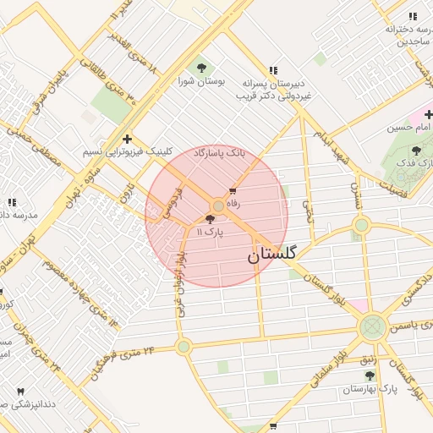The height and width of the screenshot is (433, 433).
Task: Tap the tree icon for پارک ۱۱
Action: pyautogui.click(x=210, y=218)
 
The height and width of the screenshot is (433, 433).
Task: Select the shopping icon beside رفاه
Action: pyautogui.click(x=233, y=191)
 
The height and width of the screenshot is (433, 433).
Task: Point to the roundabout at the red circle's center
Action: pyautogui.click(x=218, y=206)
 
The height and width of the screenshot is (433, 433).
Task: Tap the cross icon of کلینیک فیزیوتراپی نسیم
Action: pyautogui.click(x=127, y=139)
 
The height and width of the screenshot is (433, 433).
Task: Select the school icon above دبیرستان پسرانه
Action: pyautogui.click(x=272, y=70)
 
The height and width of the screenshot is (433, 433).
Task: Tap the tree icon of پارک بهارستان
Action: pyautogui.click(x=370, y=375)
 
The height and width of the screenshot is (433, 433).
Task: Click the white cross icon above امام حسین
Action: pyautogui.click(x=428, y=114)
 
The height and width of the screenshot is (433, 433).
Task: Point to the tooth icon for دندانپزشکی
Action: pyautogui.click(x=20, y=392)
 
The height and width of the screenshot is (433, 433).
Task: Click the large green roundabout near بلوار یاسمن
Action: pyautogui.click(x=372, y=327)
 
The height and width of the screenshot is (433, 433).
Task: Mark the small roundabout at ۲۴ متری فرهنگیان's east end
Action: pyautogui.click(x=184, y=346)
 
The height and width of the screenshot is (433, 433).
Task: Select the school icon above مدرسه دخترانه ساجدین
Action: pyautogui.click(x=413, y=17)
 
